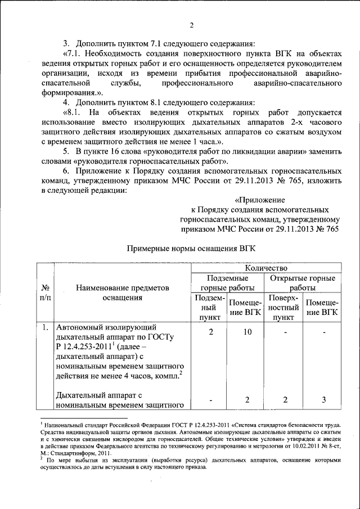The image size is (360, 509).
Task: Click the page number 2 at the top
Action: tap(191, 25)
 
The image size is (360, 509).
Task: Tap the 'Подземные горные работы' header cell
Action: tap(227, 282)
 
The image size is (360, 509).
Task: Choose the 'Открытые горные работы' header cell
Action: tap(303, 282)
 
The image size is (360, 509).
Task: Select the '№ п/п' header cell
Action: tap(44, 293)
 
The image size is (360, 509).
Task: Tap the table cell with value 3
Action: tap(322, 399)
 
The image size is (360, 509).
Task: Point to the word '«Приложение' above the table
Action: tap(259, 200)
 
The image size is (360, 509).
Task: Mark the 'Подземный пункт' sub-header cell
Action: tap(209, 308)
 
